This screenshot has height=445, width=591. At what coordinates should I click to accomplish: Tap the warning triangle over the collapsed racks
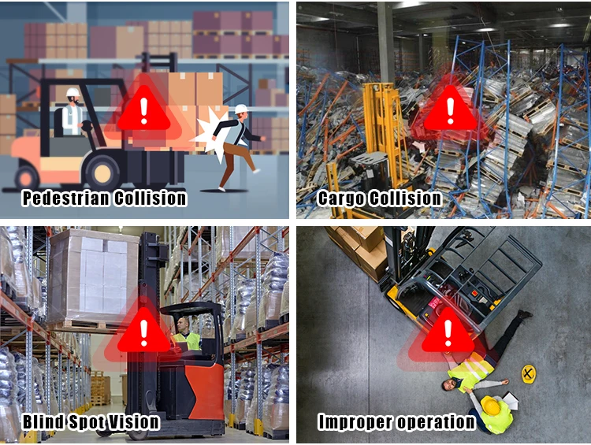pyautogui.click(x=450, y=109)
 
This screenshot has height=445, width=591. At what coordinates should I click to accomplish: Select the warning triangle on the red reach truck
pyautogui.click(x=143, y=332)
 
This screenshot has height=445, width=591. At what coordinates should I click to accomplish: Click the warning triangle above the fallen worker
pyautogui.click(x=448, y=332)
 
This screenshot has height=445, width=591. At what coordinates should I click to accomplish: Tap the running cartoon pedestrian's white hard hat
pyautogui.click(x=241, y=109)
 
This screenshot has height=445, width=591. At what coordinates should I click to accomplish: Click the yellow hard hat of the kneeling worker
pyautogui.click(x=491, y=406)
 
